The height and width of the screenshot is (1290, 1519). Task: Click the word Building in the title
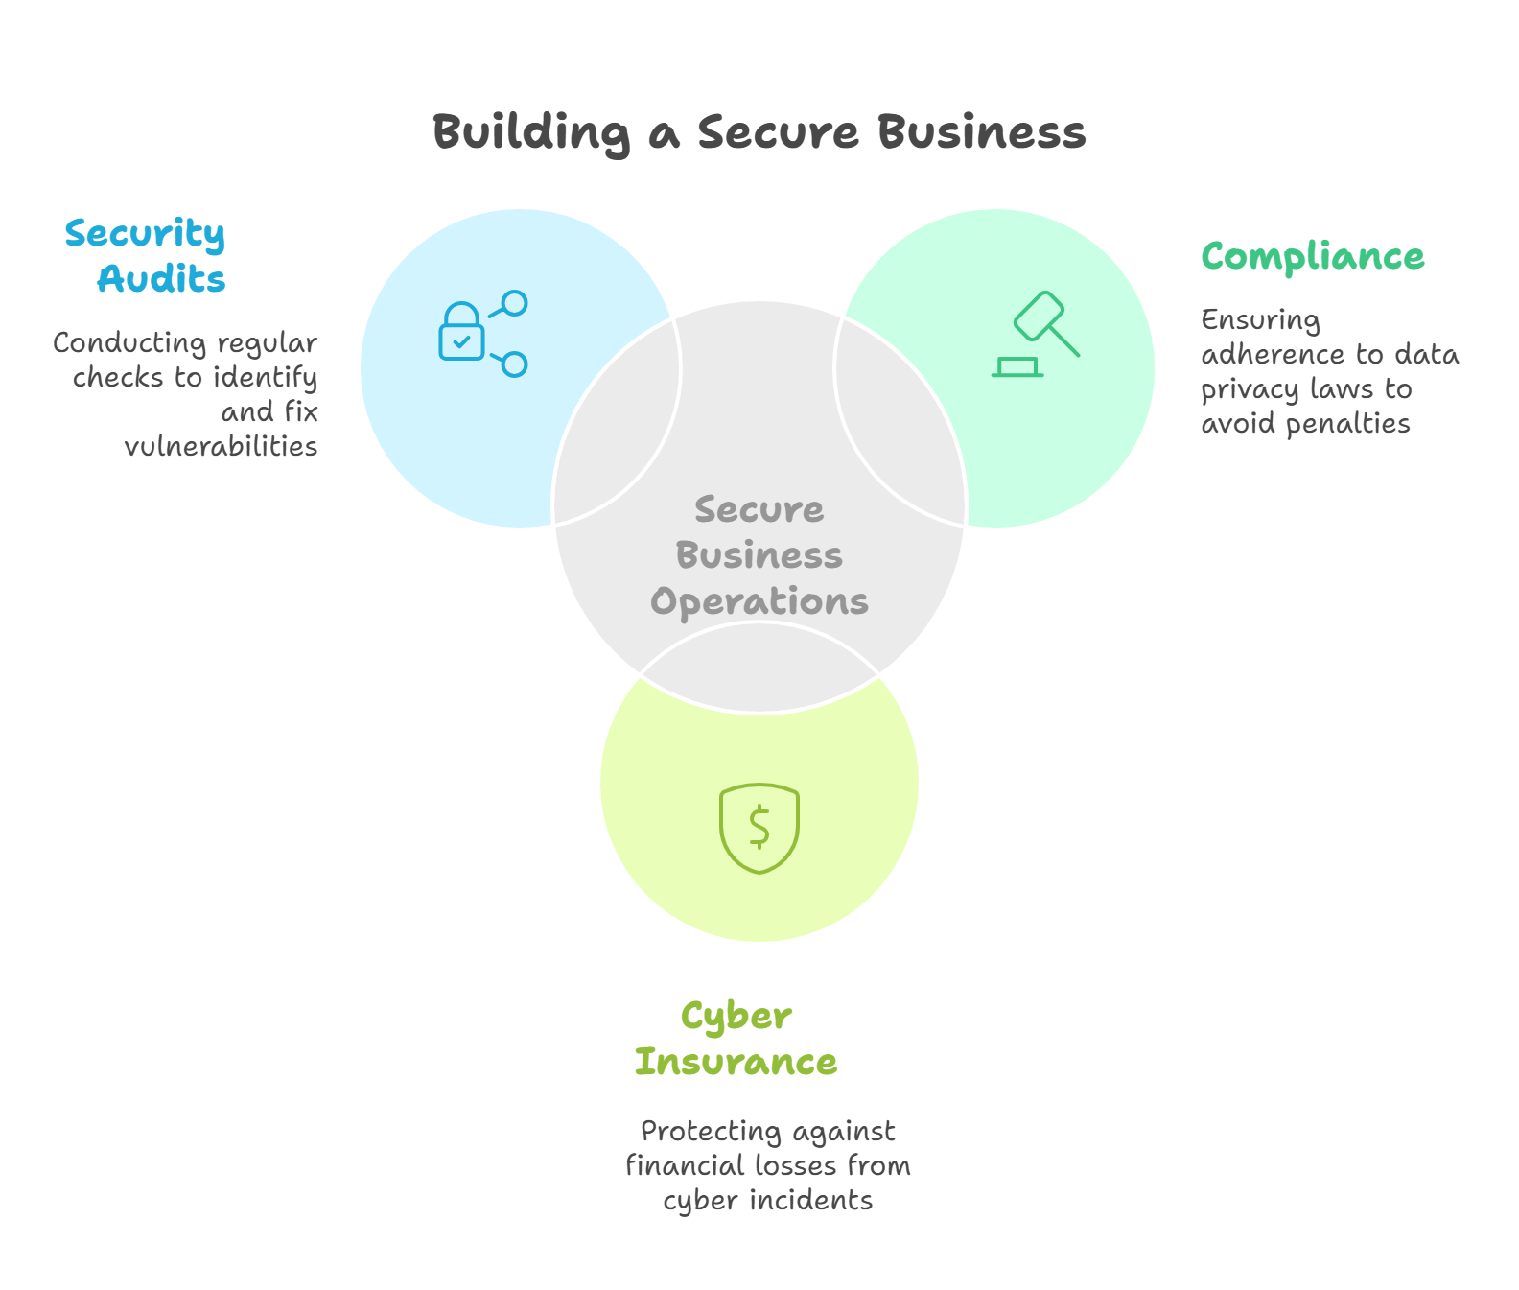531,132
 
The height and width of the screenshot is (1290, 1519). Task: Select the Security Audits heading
146,256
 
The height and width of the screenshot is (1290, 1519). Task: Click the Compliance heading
1313,257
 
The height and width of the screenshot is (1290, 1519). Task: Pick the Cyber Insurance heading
736,1039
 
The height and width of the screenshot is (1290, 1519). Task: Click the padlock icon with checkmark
461,332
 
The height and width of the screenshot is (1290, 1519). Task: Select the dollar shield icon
759,828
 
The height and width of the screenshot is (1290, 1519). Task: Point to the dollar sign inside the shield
759,828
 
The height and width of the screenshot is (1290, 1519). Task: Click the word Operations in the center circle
759,601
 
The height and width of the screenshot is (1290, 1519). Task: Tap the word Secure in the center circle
759,509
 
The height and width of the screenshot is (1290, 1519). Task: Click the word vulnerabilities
221,446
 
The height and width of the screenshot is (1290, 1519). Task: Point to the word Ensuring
1260,320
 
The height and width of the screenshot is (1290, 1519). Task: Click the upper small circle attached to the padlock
515,303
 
